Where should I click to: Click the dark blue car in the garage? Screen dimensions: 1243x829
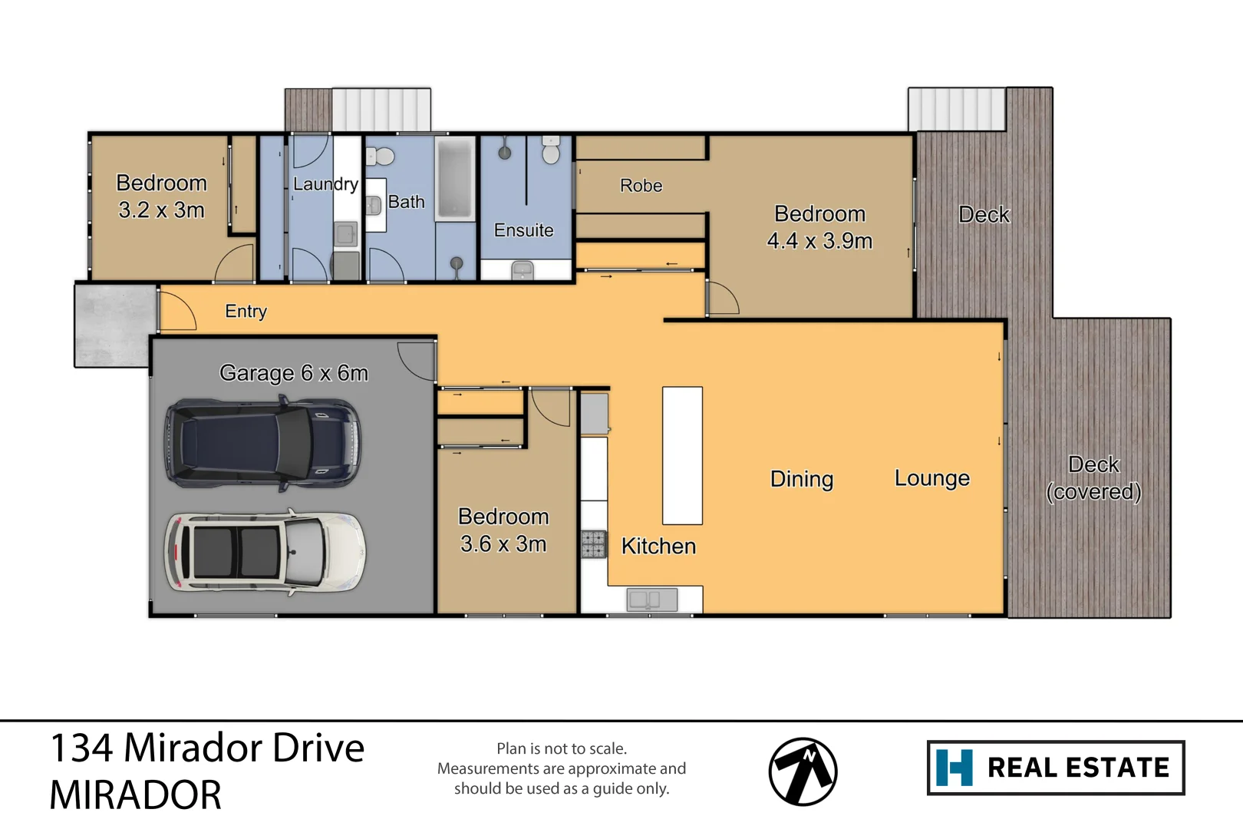click(x=262, y=443)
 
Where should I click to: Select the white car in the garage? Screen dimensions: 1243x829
click(x=265, y=552)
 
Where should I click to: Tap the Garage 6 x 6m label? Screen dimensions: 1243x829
click(x=294, y=373)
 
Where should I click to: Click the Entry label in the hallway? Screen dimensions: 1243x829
click(x=246, y=311)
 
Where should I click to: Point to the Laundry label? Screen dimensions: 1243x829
click(x=326, y=184)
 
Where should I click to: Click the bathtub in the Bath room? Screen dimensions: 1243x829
click(x=454, y=178)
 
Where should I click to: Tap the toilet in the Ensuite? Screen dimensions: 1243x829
click(x=550, y=150)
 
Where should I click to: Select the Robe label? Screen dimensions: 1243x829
click(x=641, y=186)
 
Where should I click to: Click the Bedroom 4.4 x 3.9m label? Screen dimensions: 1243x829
click(x=819, y=227)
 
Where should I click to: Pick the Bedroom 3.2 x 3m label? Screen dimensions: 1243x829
click(x=161, y=197)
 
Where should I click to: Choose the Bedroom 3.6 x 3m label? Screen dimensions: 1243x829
click(x=503, y=530)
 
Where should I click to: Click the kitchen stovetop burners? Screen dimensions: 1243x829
click(x=593, y=544)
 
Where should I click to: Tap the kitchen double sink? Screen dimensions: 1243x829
click(x=652, y=599)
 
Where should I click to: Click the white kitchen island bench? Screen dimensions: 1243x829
click(x=683, y=455)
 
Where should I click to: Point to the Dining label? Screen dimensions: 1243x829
click(x=802, y=479)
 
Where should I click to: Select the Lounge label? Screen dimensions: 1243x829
click(x=932, y=478)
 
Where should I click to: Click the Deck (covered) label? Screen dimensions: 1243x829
click(x=1093, y=478)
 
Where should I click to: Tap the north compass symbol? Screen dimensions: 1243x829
click(x=803, y=771)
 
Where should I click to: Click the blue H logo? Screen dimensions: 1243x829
click(x=955, y=768)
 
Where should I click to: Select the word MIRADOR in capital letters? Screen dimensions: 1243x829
click(x=135, y=795)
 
